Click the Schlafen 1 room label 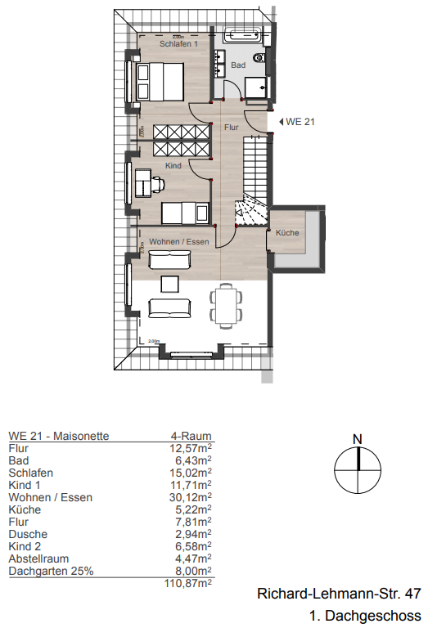(x=179, y=44)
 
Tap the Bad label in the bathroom (x=238, y=64)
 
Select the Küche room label (x=286, y=234)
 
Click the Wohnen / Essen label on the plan (x=179, y=242)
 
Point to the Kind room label (x=173, y=166)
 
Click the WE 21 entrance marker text (x=301, y=122)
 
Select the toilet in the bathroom (x=259, y=57)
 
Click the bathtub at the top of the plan (x=242, y=35)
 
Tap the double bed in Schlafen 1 (x=160, y=83)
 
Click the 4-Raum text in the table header (x=196, y=436)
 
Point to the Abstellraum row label (x=39, y=558)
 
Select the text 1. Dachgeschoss (x=365, y=615)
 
